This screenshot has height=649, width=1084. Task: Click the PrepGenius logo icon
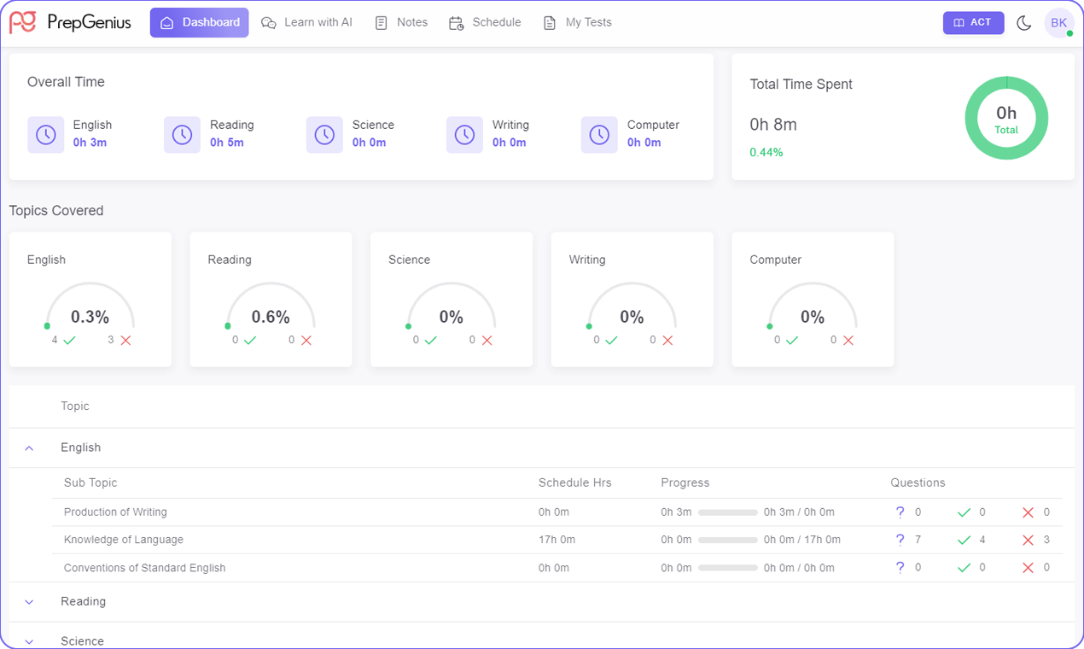tap(22, 22)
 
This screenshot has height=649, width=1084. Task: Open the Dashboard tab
tap(200, 22)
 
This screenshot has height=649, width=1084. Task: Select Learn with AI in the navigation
tap(306, 22)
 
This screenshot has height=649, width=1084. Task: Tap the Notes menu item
tap(401, 22)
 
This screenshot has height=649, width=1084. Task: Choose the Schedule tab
tap(485, 22)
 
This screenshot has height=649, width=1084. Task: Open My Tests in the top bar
tap(578, 22)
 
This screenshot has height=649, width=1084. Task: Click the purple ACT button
tap(973, 22)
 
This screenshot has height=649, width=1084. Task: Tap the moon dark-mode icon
tap(1024, 23)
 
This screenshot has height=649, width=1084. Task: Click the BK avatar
tap(1058, 23)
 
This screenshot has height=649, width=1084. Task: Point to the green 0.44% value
tap(766, 153)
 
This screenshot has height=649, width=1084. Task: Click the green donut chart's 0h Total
tap(1006, 119)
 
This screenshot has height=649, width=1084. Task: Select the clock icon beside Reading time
tap(182, 135)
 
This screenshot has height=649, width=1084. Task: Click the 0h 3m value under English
tap(90, 143)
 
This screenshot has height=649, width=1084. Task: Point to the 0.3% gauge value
tap(90, 317)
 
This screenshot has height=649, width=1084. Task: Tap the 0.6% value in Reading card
tap(271, 317)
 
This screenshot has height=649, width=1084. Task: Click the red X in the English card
tap(125, 340)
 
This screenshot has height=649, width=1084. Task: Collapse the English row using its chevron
tap(29, 447)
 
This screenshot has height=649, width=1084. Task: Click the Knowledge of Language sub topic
tap(124, 540)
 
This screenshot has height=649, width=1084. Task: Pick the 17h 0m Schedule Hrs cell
tap(557, 540)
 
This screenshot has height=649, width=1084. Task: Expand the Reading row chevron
tap(29, 602)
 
